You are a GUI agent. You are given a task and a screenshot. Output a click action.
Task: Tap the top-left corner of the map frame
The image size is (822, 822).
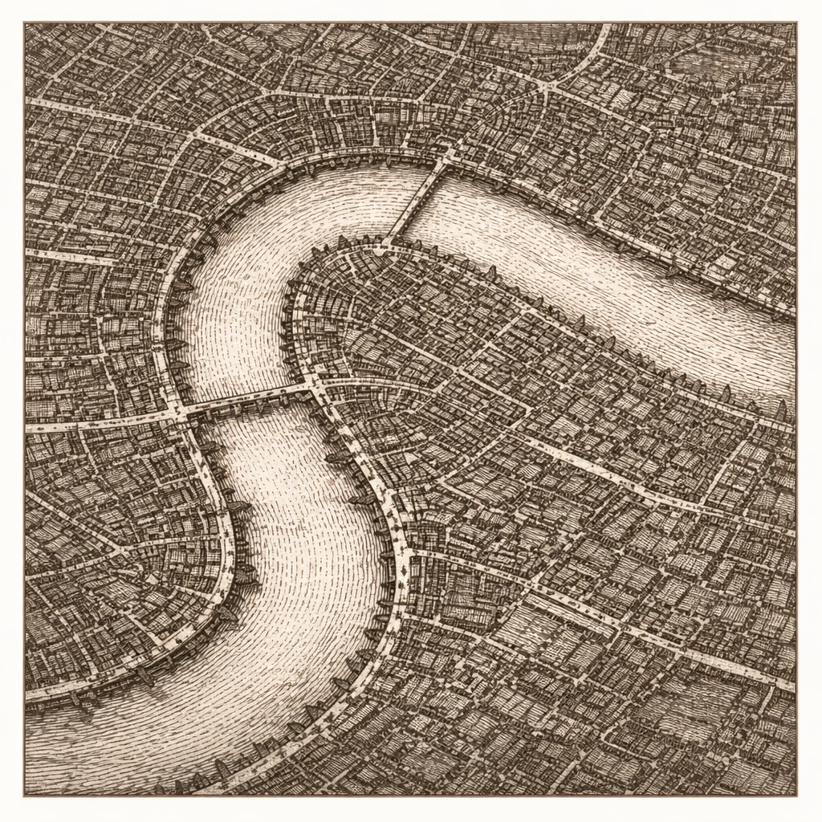tap(25, 23)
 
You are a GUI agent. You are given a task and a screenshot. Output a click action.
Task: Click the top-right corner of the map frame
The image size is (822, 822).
tap(796, 23)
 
